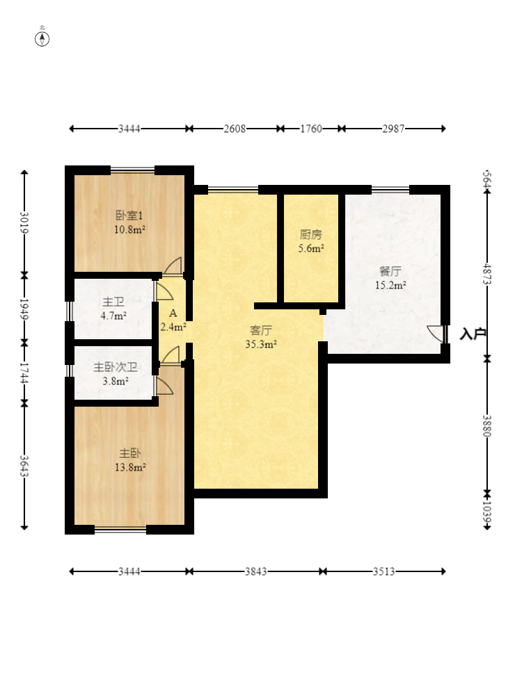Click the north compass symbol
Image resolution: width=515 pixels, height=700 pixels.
click(42, 39)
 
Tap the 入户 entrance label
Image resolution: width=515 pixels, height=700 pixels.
click(473, 334)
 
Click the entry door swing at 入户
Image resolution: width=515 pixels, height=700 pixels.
click(436, 334)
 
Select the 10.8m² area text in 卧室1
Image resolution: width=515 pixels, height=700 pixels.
click(129, 229)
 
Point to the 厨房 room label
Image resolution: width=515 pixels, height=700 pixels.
click(310, 234)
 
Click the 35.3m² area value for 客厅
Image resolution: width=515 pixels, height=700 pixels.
click(260, 344)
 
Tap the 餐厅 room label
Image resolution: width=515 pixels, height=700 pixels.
click(390, 271)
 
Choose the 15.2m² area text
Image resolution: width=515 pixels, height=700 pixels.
click(390, 285)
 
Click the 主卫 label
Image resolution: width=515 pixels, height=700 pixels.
click(113, 302)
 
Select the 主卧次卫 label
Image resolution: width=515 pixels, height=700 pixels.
click(116, 367)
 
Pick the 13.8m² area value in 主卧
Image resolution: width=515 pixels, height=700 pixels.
click(130, 467)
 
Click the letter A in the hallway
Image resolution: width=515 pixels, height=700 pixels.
click(173, 314)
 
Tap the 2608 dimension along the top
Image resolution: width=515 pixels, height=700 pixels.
click(235, 129)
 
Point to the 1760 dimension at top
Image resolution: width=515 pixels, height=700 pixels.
click(311, 129)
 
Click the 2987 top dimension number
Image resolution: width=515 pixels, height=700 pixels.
click(393, 129)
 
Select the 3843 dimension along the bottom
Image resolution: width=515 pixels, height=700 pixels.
click(255, 571)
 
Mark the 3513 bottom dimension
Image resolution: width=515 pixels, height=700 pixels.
click(384, 571)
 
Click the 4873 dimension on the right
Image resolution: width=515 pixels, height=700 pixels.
click(487, 275)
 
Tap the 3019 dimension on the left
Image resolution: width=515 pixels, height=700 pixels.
click(24, 222)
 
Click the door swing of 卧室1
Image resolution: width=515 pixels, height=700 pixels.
click(173, 266)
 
